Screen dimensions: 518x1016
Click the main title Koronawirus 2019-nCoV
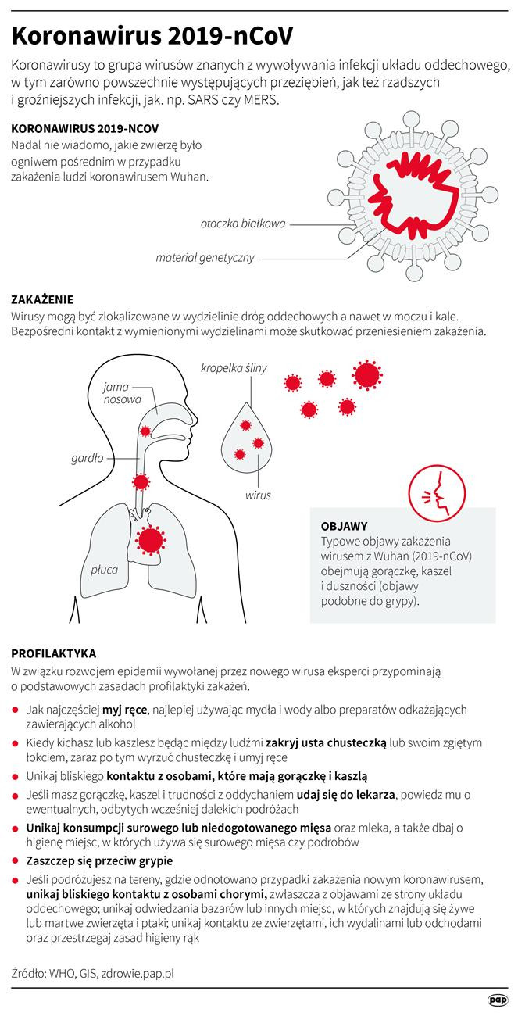pyautogui.click(x=152, y=36)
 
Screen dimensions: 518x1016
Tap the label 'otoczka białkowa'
pyautogui.click(x=243, y=224)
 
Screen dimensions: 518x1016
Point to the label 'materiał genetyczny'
pyautogui.click(x=205, y=258)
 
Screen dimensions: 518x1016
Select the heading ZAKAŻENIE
pyautogui.click(x=42, y=299)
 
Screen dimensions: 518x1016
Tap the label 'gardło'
pyautogui.click(x=87, y=459)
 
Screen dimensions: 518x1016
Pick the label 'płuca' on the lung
pyautogui.click(x=105, y=570)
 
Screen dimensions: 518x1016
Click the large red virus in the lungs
pyautogui.click(x=150, y=540)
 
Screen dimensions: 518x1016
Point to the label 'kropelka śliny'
pyautogui.click(x=234, y=368)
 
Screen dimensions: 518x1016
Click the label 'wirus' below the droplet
pyautogui.click(x=258, y=495)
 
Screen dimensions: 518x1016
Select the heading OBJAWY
pyautogui.click(x=345, y=526)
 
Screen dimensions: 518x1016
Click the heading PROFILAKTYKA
pyautogui.click(x=54, y=653)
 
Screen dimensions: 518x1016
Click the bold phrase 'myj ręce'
pyautogui.click(x=124, y=710)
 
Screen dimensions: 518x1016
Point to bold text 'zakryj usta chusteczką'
pyautogui.click(x=326, y=743)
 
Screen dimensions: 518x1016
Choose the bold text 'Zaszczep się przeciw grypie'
pyautogui.click(x=99, y=861)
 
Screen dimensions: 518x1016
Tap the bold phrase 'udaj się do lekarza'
pyautogui.click(x=345, y=795)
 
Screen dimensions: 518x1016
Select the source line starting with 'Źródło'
pyautogui.click(x=92, y=973)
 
